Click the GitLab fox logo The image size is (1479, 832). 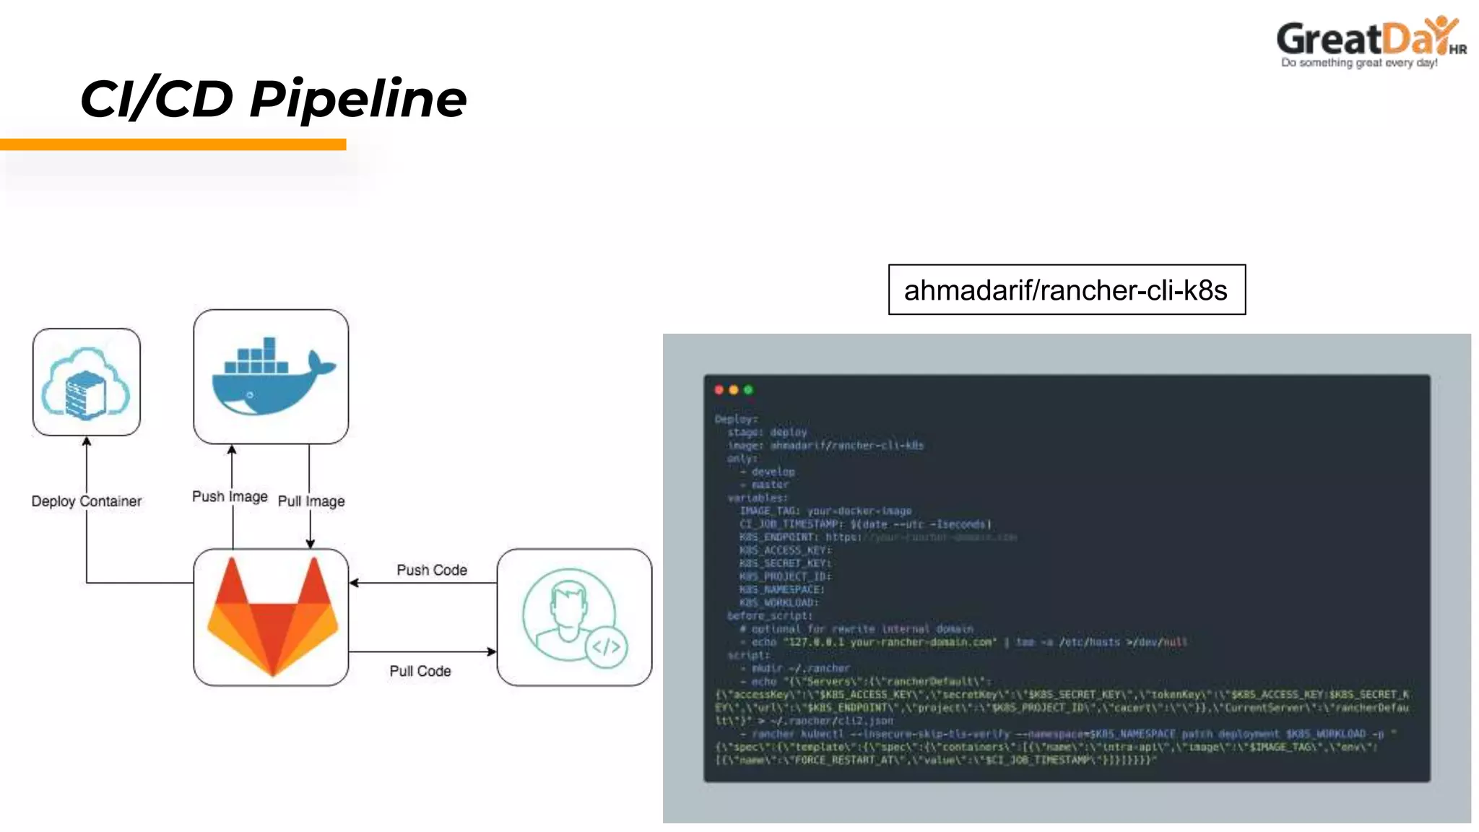[272, 617]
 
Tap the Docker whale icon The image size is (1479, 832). [272, 377]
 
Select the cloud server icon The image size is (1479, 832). [87, 383]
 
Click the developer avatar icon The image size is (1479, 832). [570, 614]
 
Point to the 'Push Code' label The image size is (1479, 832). [432, 570]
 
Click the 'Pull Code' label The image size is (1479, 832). [420, 671]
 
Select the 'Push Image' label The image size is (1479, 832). [230, 496]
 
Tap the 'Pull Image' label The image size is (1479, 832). [311, 501]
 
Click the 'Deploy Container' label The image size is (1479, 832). [87, 501]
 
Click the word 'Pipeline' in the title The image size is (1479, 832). [358, 98]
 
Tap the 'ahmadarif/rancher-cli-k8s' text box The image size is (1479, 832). [1066, 290]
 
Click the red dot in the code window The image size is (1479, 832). [719, 390]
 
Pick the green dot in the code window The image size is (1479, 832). [748, 390]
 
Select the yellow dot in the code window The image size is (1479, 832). [734, 390]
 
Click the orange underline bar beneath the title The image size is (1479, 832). [173, 144]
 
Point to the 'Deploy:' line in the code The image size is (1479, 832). [736, 419]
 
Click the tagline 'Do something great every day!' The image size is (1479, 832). [1359, 64]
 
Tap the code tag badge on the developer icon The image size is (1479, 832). [607, 646]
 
